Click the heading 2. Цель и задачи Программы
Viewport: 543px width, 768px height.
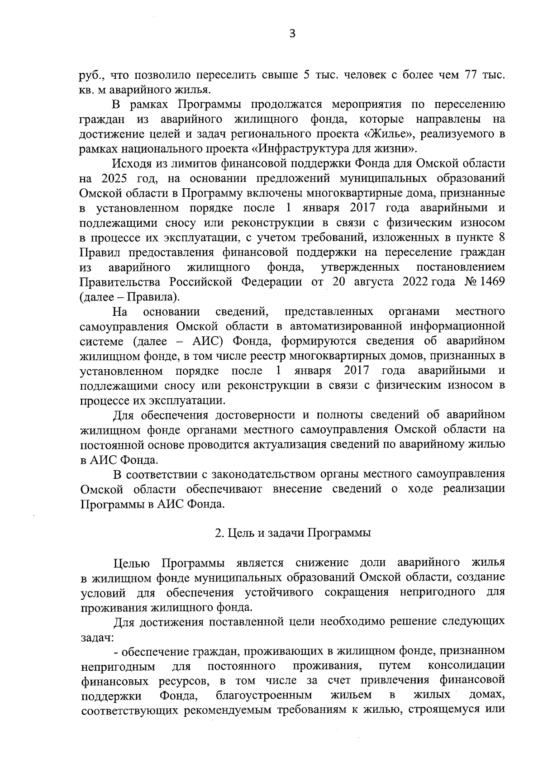[293, 533]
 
